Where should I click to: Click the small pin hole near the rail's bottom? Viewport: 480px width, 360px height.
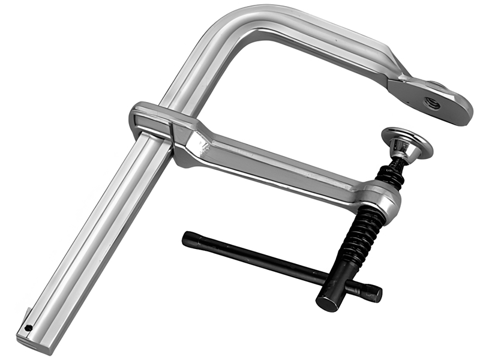coord(29,328)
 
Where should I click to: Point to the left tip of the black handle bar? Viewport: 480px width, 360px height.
coord(187,238)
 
